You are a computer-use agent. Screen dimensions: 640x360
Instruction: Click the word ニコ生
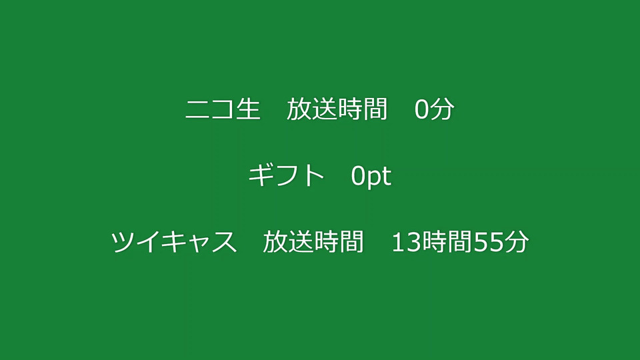pyautogui.click(x=223, y=109)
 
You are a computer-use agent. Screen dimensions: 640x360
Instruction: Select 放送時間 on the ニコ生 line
pyautogui.click(x=337, y=109)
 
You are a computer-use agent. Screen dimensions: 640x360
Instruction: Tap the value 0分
pyautogui.click(x=434, y=109)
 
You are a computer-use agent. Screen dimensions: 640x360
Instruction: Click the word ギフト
pyautogui.click(x=286, y=175)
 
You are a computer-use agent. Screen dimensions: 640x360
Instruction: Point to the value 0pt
pyautogui.click(x=371, y=176)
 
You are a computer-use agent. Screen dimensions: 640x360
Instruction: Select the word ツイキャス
pyautogui.click(x=174, y=241)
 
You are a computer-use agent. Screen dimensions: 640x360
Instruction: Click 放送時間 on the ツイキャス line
pyautogui.click(x=313, y=241)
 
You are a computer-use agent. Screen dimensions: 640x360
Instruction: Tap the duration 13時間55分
pyautogui.click(x=460, y=241)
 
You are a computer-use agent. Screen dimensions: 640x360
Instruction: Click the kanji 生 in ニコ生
pyautogui.click(x=248, y=109)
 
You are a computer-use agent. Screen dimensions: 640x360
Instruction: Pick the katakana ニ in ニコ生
pyautogui.click(x=198, y=109)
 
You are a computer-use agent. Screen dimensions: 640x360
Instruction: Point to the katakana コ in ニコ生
pyautogui.click(x=223, y=109)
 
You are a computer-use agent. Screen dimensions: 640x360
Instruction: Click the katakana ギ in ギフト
pyautogui.click(x=260, y=175)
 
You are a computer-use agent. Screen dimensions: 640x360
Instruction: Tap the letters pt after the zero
pyautogui.click(x=378, y=177)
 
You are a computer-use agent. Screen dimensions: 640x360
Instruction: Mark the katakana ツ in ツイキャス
pyautogui.click(x=123, y=241)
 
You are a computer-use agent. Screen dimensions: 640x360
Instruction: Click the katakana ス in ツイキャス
pyautogui.click(x=225, y=242)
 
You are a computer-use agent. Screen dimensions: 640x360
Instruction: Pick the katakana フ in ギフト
pyautogui.click(x=287, y=175)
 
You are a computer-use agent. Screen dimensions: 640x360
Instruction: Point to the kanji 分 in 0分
pyautogui.click(x=441, y=109)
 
